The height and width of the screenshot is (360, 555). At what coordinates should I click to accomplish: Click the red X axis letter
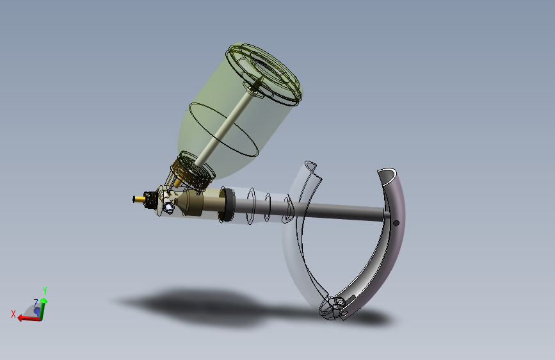(x=13, y=313)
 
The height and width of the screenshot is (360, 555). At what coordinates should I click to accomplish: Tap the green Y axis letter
(x=45, y=290)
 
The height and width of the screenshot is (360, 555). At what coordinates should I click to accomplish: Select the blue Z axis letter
(x=36, y=302)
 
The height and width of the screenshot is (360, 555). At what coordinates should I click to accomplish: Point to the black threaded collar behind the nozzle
(x=150, y=199)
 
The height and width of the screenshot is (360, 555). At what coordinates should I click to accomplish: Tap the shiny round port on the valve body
(x=168, y=207)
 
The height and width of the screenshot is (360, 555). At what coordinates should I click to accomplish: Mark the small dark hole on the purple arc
(x=396, y=223)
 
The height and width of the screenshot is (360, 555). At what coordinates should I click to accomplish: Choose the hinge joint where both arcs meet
(x=337, y=306)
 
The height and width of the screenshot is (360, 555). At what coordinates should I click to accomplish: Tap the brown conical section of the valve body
(x=191, y=204)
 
